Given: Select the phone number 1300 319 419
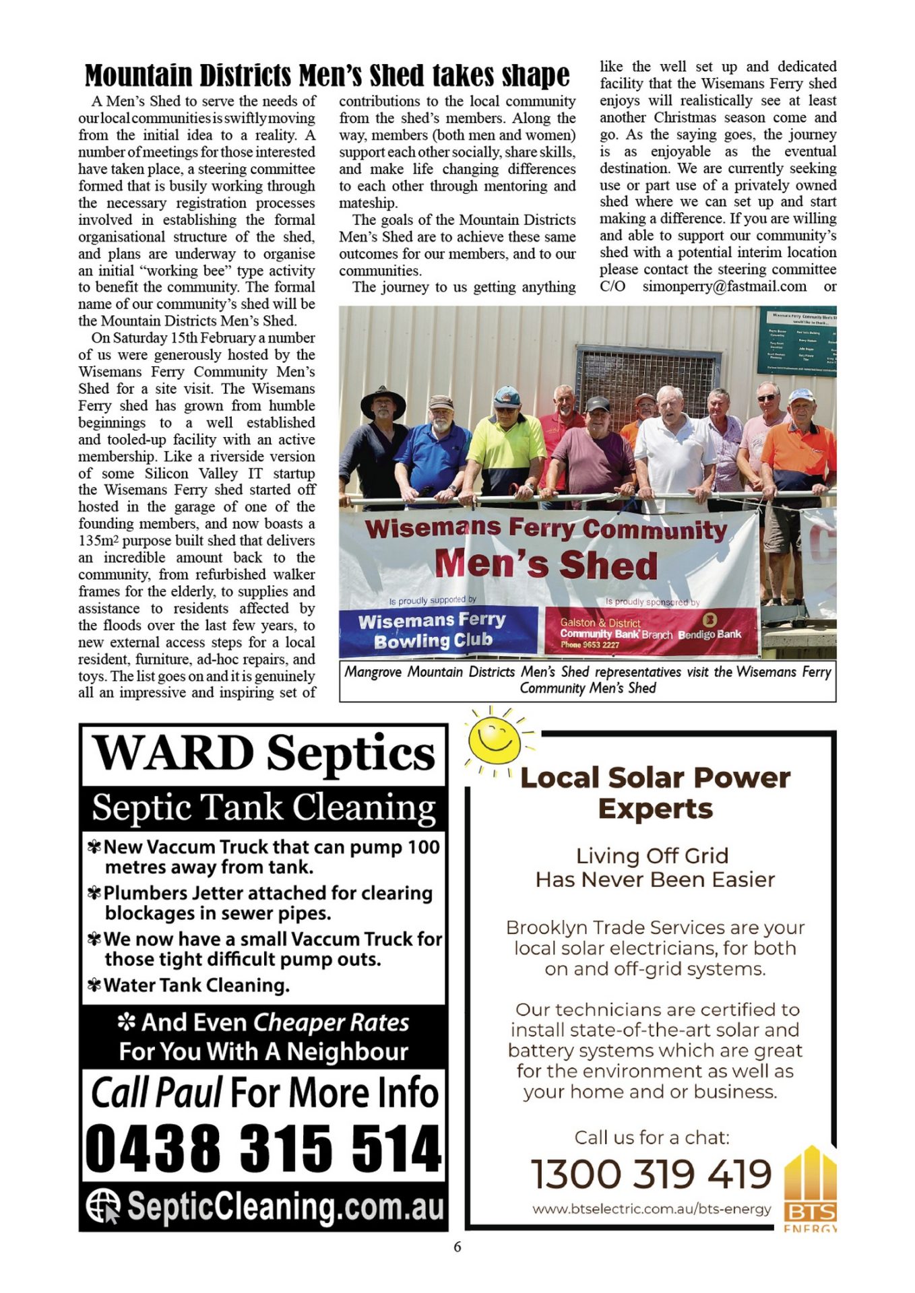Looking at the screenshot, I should coord(651,1174).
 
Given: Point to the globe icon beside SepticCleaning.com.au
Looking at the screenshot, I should coord(102,1205).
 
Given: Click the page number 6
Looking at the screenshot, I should coord(458,1247).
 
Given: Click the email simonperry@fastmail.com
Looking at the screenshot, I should coord(724,286).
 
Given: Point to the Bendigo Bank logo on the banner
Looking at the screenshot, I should coord(709,618).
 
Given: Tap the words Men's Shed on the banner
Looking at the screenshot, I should coord(546,564).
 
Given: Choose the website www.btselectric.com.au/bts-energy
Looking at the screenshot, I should coord(651,1209).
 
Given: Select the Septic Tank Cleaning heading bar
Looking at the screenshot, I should coord(263,807).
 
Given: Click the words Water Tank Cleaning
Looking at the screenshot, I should coord(196,985).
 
